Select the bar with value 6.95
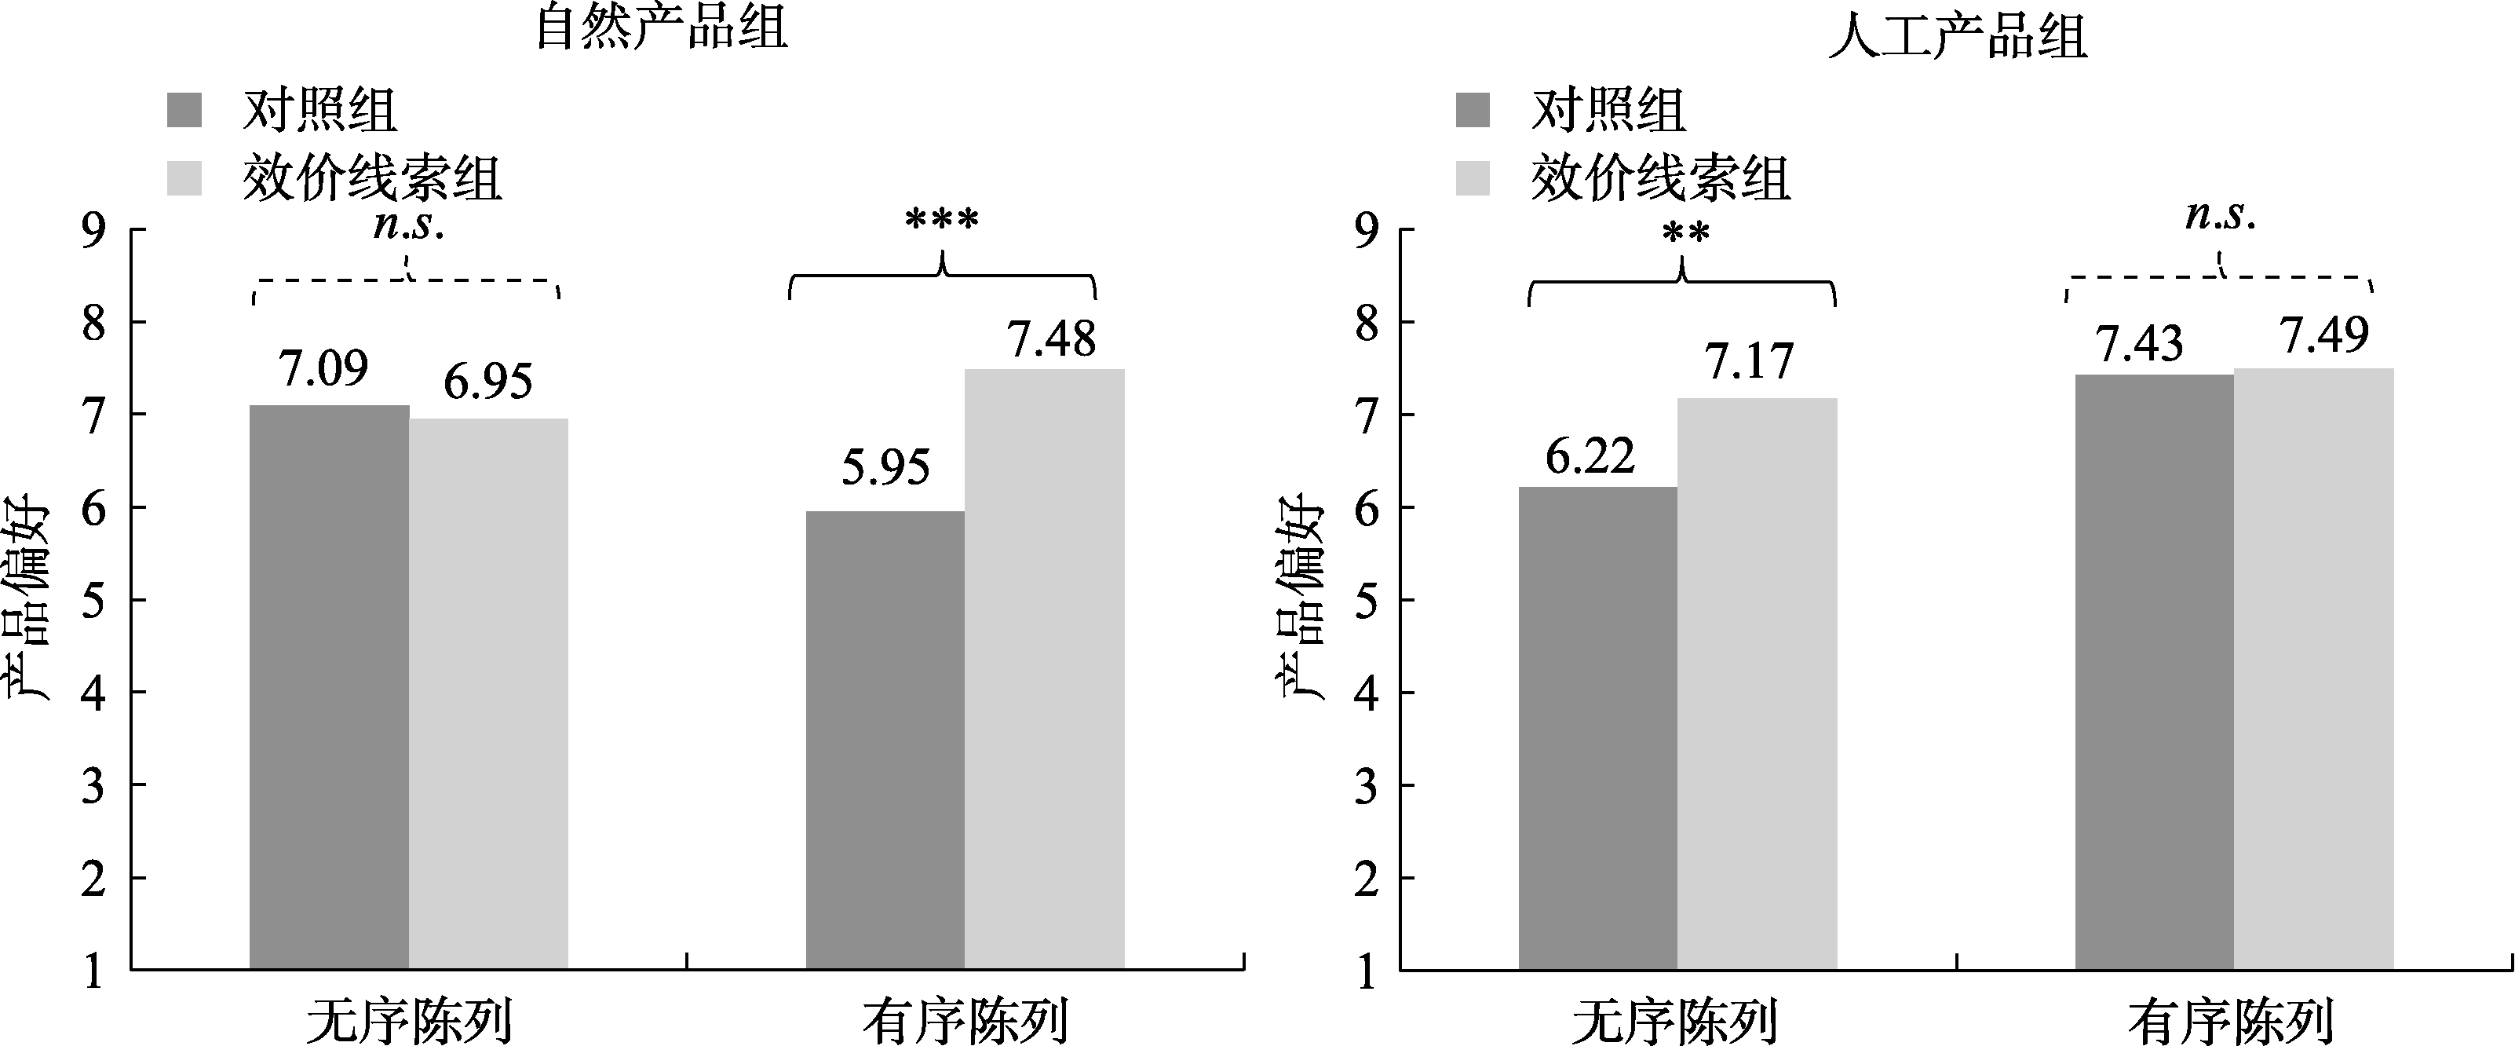[488, 693]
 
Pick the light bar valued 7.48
[1044, 668]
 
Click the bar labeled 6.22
[1597, 728]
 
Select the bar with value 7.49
[2313, 668]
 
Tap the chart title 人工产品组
[1958, 37]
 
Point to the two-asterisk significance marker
[1685, 234]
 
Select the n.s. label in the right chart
[2220, 216]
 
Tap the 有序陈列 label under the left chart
[965, 1021]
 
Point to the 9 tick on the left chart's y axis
[93, 231]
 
